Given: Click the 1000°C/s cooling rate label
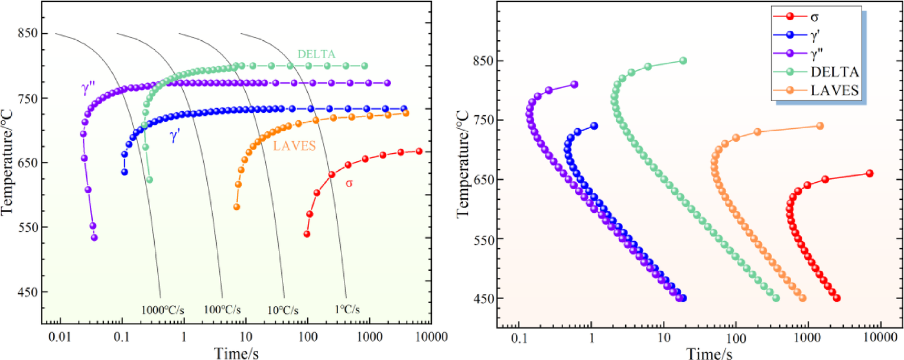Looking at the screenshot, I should tap(160, 310).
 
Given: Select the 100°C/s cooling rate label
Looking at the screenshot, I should tap(222, 310).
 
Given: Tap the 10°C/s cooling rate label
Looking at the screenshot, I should tap(284, 310).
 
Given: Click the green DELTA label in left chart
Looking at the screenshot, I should tap(316, 54).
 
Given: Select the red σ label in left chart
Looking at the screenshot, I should tap(349, 183).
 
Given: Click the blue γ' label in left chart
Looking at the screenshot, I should tap(175, 136).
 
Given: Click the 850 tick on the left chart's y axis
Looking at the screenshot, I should tap(28, 34).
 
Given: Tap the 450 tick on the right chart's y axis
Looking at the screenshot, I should tap(484, 299).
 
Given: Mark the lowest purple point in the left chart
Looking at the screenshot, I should tap(94, 238).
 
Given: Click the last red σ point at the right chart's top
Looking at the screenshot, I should tap(869, 173).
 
